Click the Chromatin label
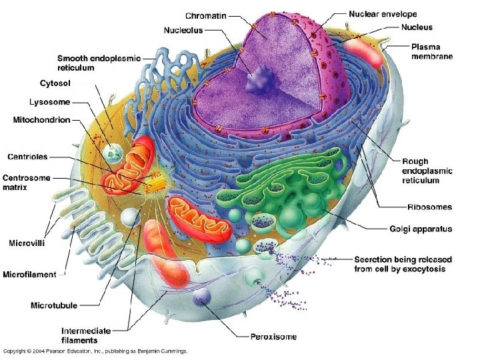click(x=206, y=16)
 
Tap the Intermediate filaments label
click(x=86, y=335)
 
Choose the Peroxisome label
click(x=273, y=337)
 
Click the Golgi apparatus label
click(x=421, y=229)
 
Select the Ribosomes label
click(x=430, y=207)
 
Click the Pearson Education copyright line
click(x=95, y=351)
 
